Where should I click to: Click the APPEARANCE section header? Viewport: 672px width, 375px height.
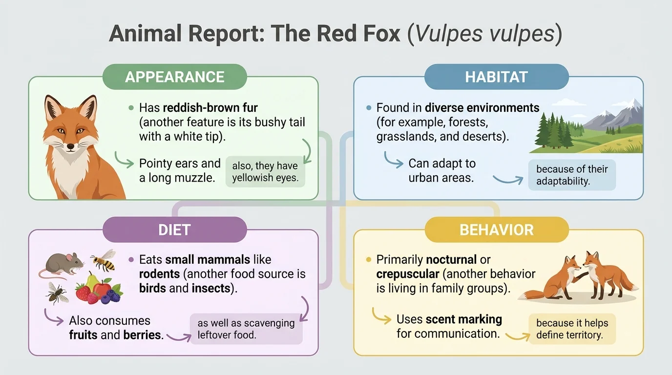(x=174, y=77)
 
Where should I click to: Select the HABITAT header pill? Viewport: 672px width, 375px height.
(x=496, y=77)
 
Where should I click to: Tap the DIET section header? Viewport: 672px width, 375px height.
(x=174, y=229)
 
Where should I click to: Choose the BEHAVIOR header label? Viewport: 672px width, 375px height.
(x=496, y=229)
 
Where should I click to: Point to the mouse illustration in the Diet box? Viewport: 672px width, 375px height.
(x=58, y=266)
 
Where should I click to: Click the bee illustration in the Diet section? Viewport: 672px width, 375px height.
(x=105, y=260)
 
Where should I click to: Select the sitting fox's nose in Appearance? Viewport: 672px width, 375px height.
(x=71, y=146)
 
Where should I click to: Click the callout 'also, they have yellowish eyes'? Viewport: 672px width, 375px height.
(x=265, y=172)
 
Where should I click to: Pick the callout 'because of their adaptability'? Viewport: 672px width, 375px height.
(x=571, y=175)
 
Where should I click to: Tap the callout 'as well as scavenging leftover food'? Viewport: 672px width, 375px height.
(x=246, y=329)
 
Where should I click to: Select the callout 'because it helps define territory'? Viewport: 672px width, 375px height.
(x=572, y=329)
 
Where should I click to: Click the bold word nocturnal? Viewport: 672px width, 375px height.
(x=451, y=260)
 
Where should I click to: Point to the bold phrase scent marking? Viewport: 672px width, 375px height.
(x=463, y=320)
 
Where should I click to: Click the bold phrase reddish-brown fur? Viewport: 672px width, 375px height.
(x=210, y=107)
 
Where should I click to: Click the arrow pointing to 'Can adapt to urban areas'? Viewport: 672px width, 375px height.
(x=393, y=160)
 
